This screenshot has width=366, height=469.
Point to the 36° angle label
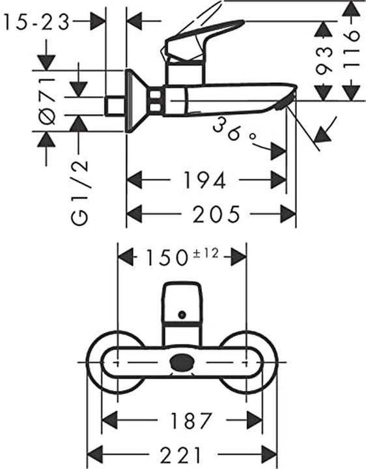[x=234, y=130]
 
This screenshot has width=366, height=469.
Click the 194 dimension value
[x=205, y=180]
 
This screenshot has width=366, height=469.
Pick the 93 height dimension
[x=322, y=62]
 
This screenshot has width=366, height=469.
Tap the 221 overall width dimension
[x=184, y=453]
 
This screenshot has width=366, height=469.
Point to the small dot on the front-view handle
[x=182, y=316]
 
